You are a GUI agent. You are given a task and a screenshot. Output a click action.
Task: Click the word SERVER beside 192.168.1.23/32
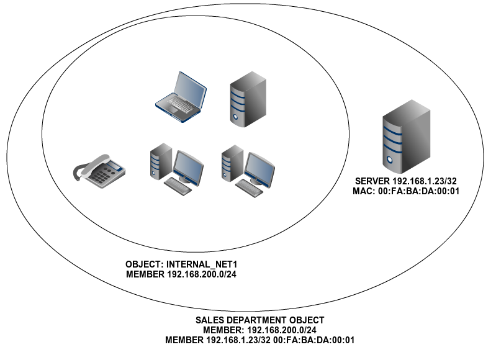371,181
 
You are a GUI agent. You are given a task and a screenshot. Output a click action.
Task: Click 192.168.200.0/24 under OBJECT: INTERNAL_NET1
204,274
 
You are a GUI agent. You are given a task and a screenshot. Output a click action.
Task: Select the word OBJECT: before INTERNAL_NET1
143,264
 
